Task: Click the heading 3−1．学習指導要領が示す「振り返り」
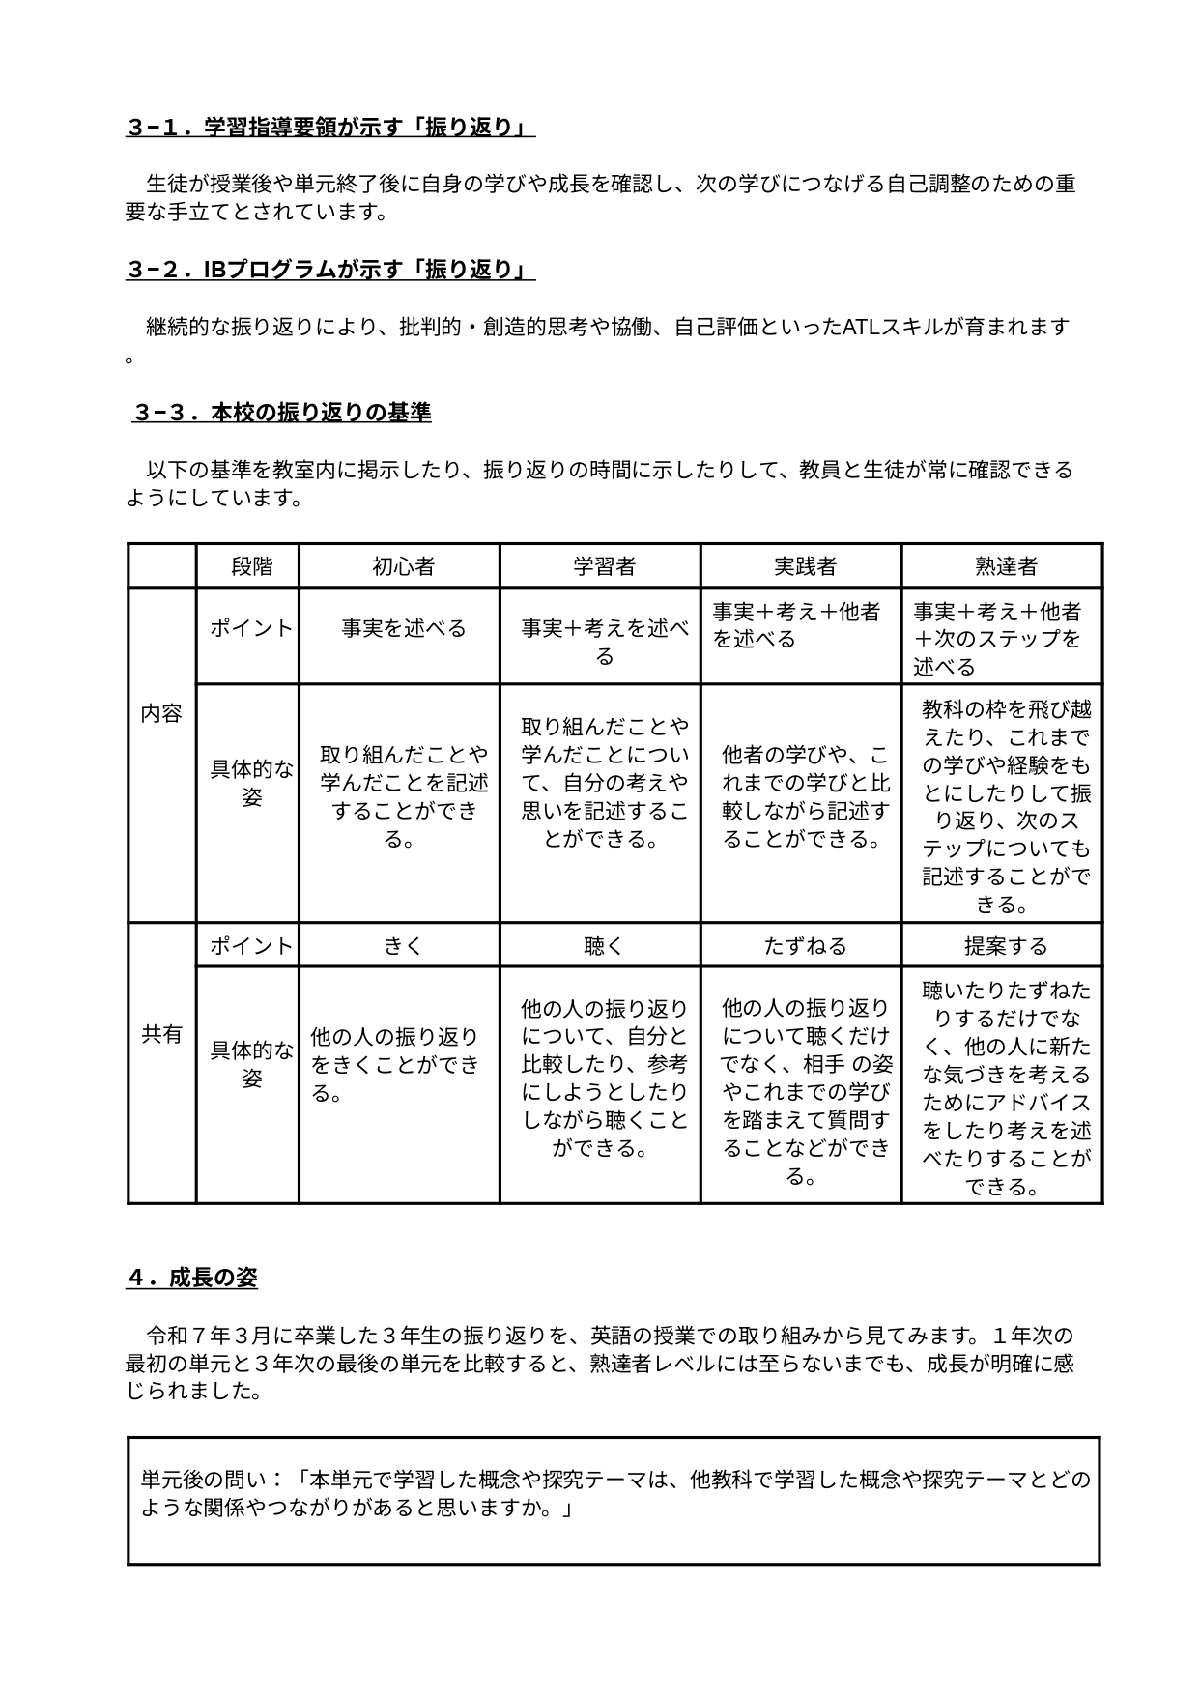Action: point(329,129)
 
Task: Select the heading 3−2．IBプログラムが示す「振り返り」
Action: point(329,271)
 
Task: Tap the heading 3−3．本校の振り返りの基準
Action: point(282,413)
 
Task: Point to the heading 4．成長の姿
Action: point(191,1278)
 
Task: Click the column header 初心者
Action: point(403,566)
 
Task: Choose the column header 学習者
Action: point(604,566)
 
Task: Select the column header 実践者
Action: point(805,566)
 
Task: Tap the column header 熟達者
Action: point(1006,566)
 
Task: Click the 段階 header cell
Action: point(251,566)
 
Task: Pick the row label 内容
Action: point(161,714)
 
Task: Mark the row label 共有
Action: point(161,1035)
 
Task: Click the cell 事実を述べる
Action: point(403,629)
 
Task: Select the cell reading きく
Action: point(403,946)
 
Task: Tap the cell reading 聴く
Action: point(604,946)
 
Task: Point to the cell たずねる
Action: point(805,946)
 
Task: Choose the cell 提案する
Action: point(1006,946)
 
